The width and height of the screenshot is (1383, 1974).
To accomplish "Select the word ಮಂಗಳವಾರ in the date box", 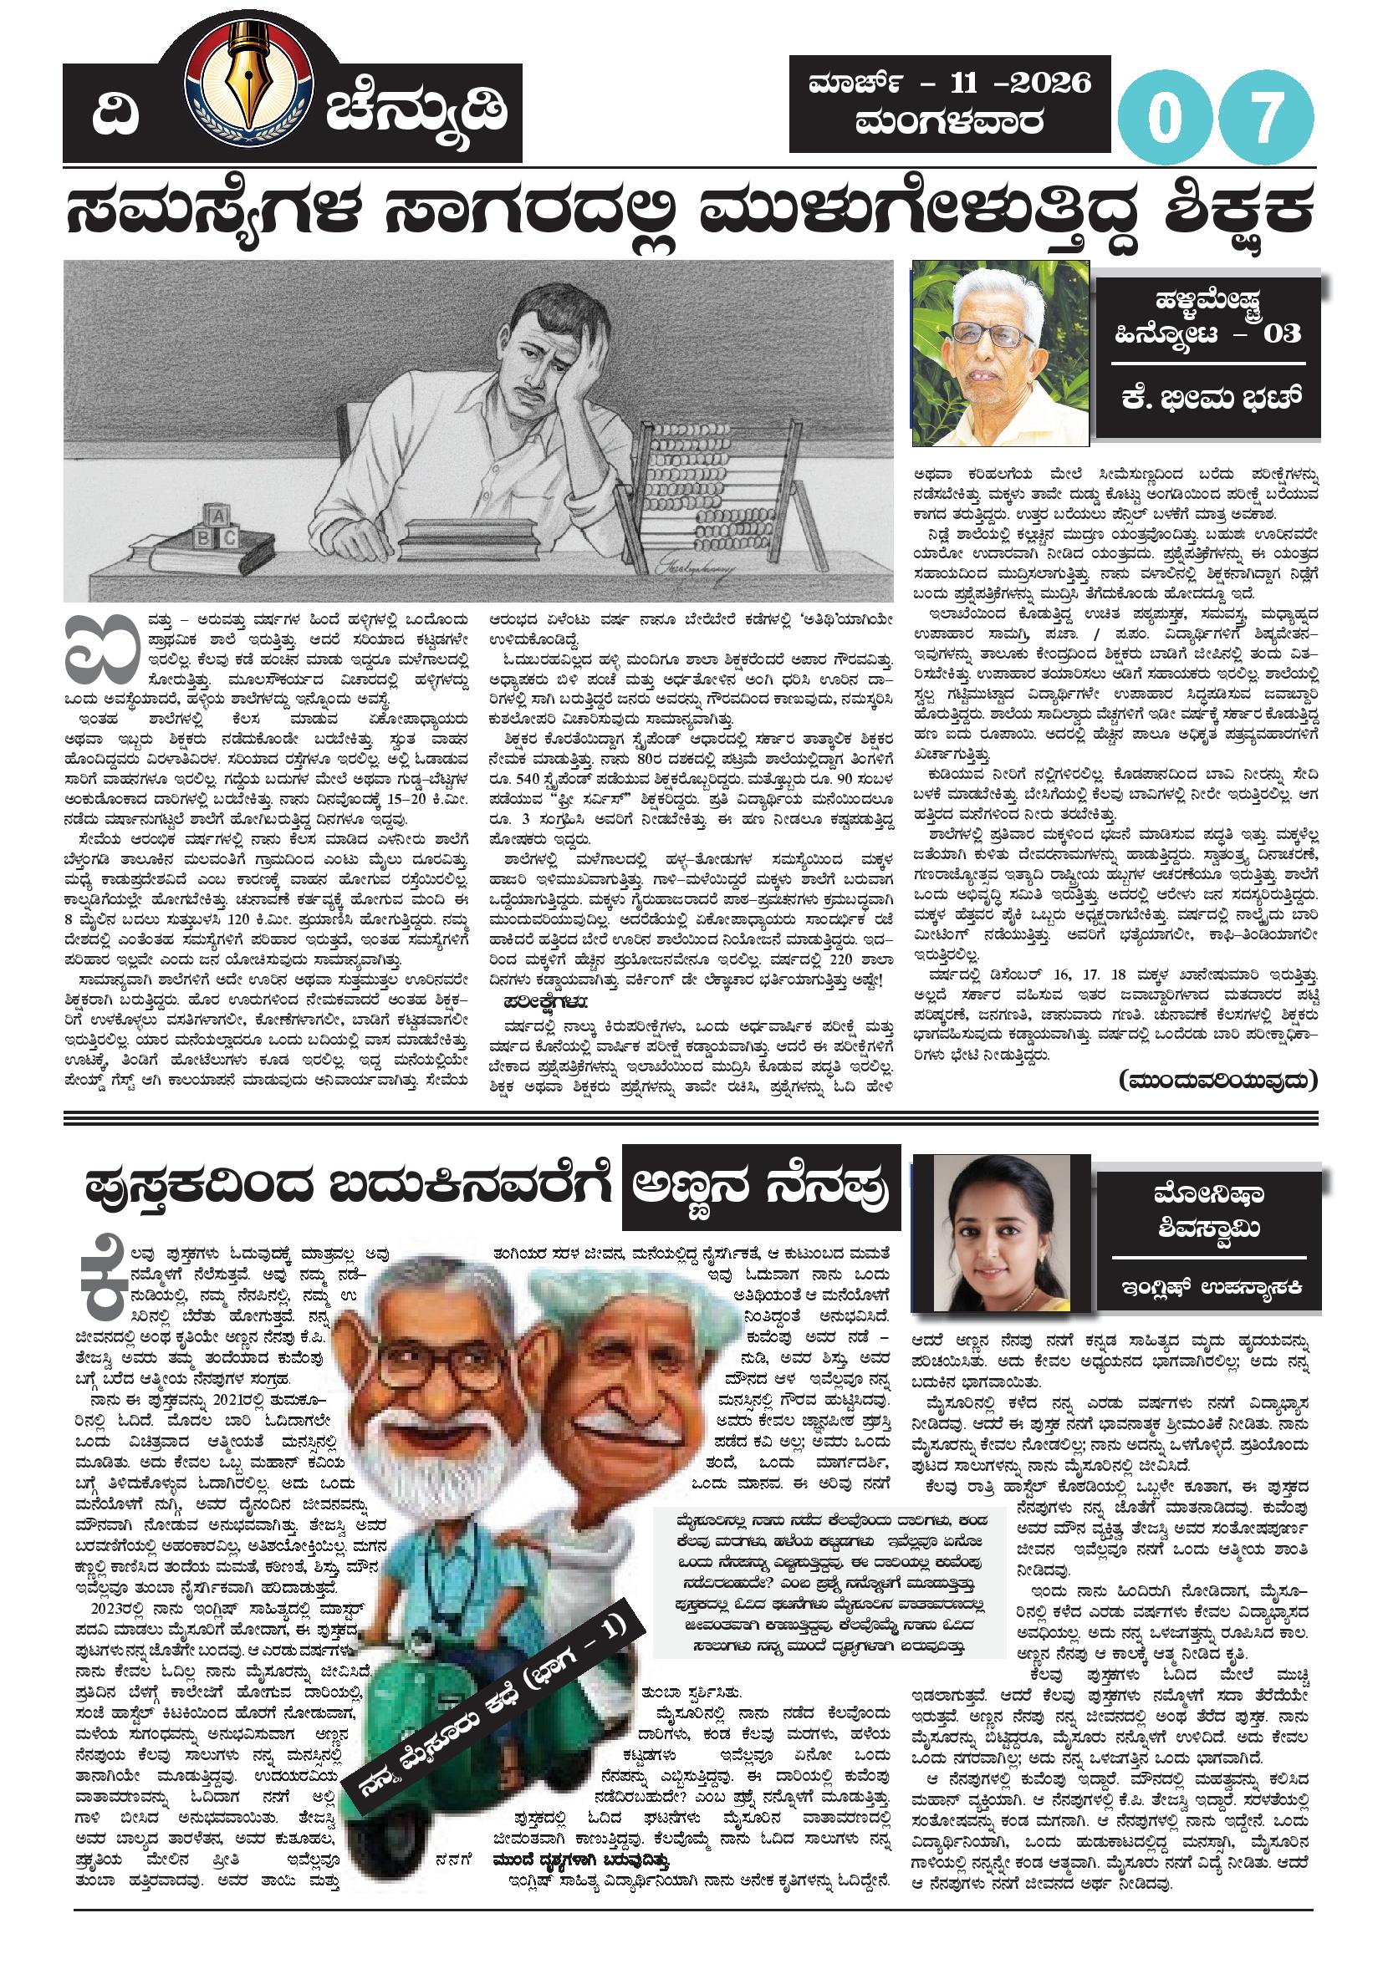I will (x=950, y=123).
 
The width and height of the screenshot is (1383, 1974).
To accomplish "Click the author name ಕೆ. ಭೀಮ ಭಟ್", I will (x=1207, y=399).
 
